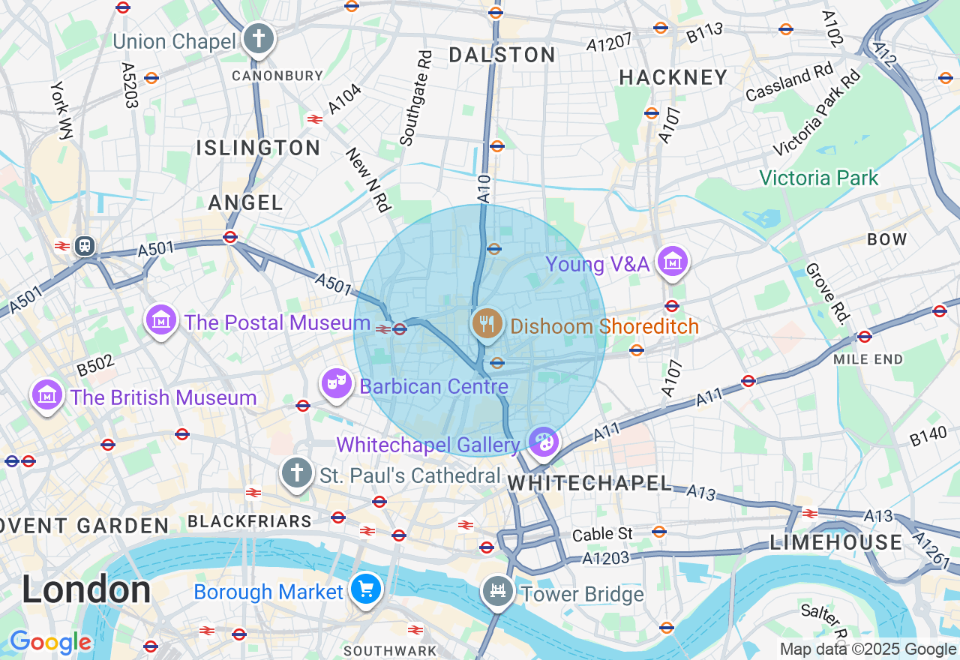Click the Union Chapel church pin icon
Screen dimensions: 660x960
coord(259,39)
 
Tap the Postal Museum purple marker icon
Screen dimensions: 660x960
coord(161,320)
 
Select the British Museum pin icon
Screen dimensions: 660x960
coord(46,394)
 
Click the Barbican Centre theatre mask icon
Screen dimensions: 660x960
coord(337,384)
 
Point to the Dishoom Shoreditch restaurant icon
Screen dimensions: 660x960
coord(487,323)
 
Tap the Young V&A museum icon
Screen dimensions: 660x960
coord(672,262)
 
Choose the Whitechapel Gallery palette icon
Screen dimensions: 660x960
coord(543,442)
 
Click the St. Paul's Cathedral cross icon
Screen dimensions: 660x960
coord(297,473)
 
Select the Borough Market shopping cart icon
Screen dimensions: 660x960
coord(366,589)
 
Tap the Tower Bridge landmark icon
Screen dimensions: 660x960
coord(497,592)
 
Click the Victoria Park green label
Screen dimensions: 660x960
coord(818,178)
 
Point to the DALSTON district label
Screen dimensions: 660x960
coord(502,55)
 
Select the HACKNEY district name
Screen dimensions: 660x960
coord(673,77)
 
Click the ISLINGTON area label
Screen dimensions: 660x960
coord(258,148)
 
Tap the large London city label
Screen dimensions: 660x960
coord(85,589)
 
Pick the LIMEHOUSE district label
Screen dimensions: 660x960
coord(836,542)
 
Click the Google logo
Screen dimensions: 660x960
coord(50,643)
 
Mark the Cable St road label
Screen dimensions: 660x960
coord(602,535)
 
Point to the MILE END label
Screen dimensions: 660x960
coord(868,359)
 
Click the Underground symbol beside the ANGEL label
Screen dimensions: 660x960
coord(230,237)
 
